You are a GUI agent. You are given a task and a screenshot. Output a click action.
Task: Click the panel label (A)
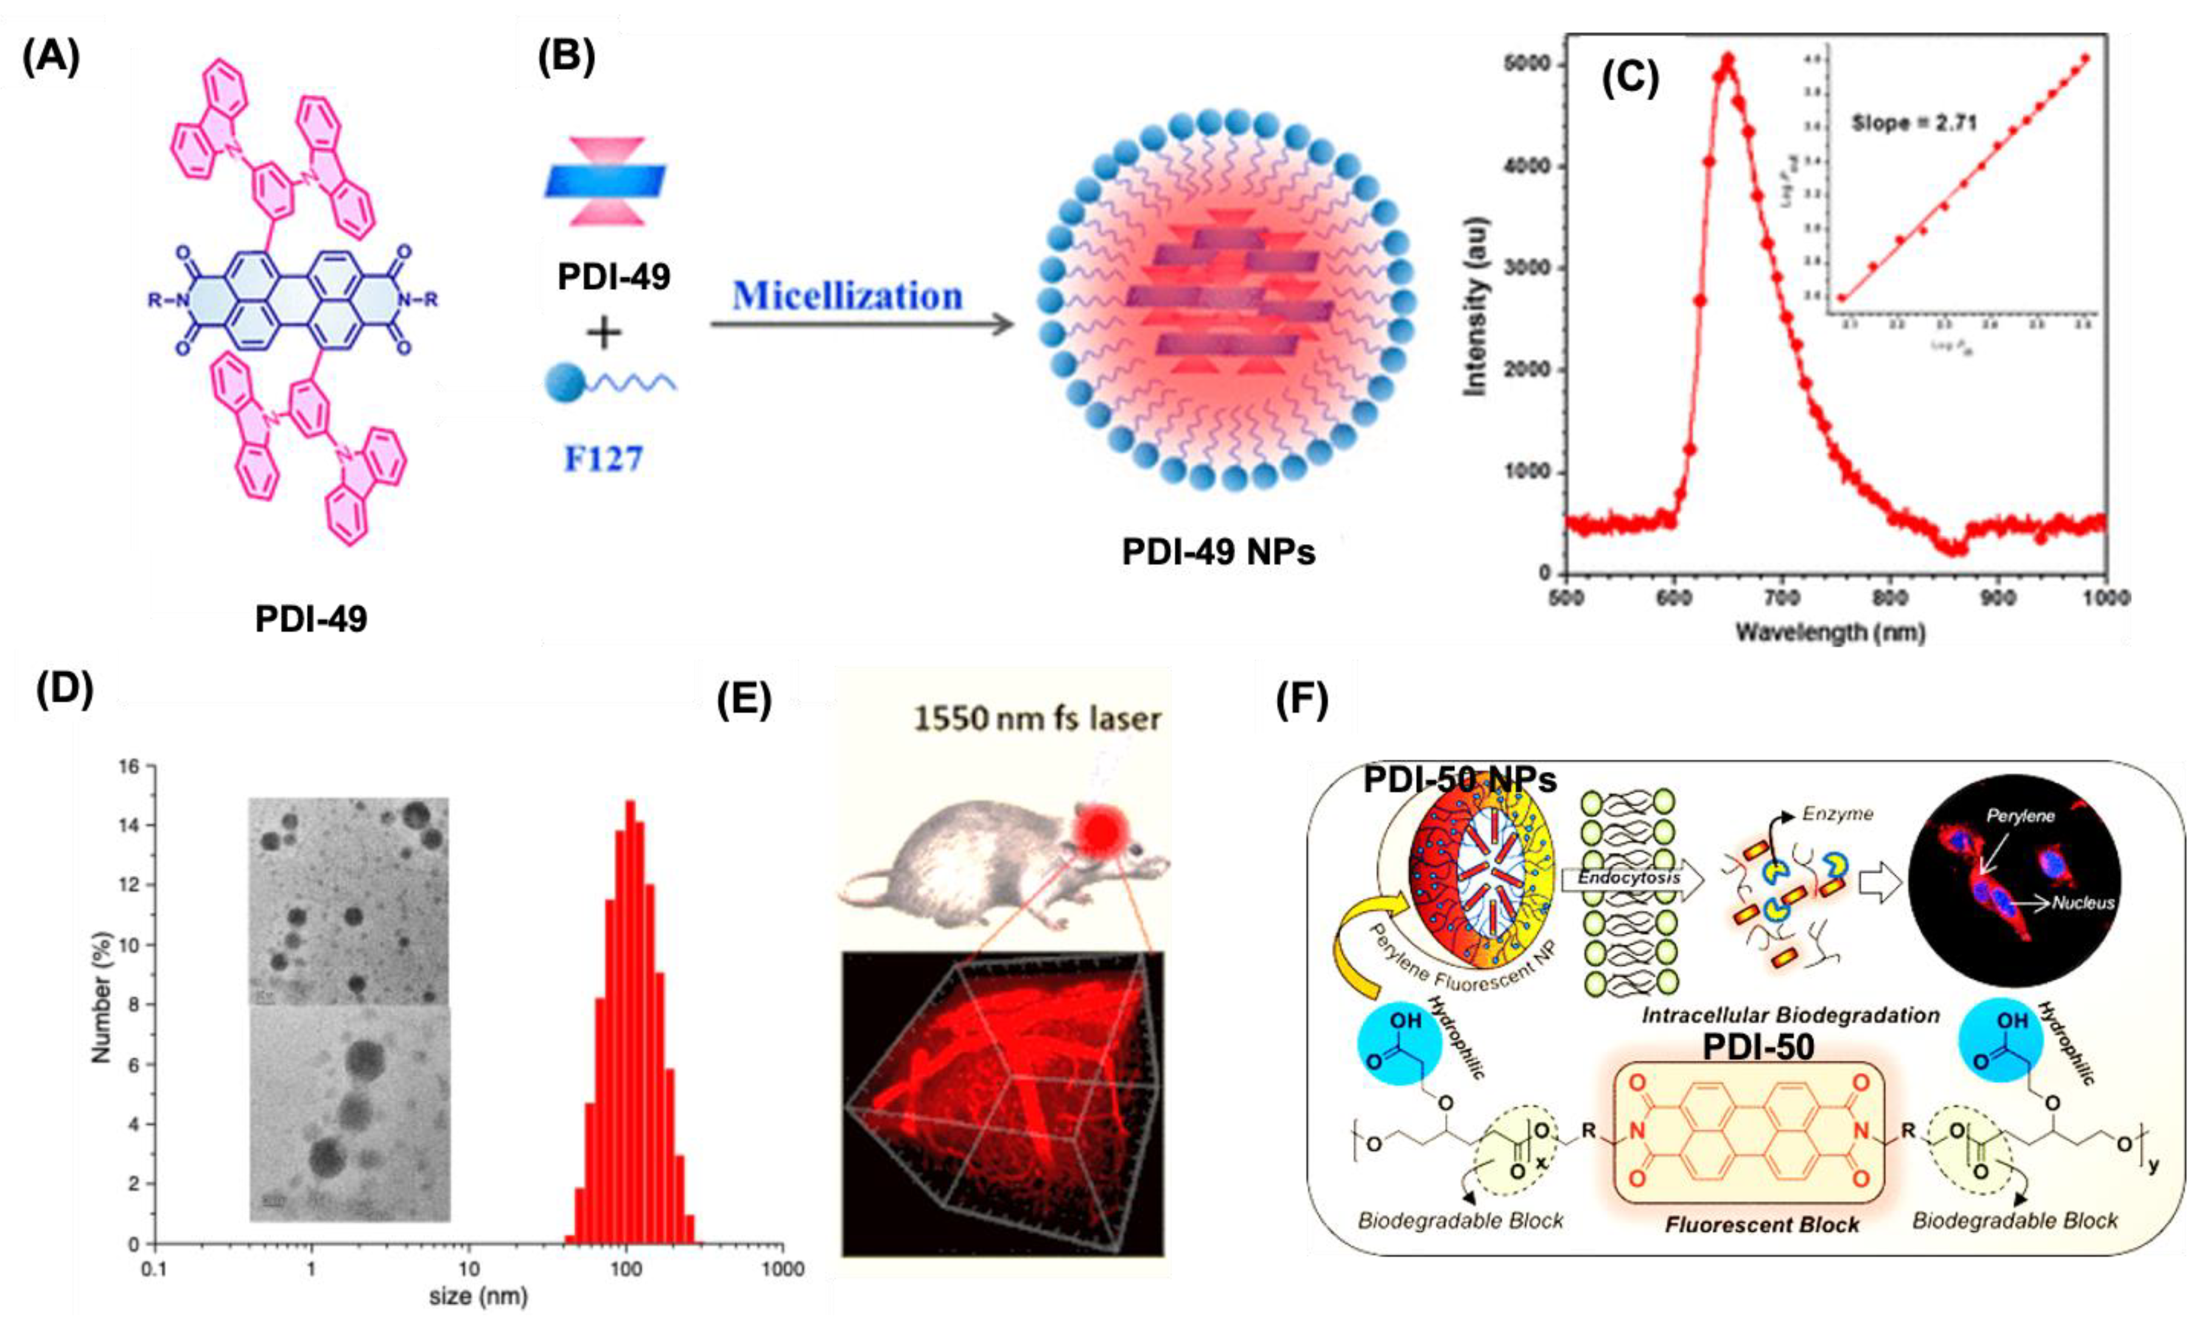pyautogui.click(x=51, y=57)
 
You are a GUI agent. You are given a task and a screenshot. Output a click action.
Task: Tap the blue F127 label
pyautogui.click(x=603, y=459)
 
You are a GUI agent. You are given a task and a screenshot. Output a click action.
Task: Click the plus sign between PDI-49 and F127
pyautogui.click(x=604, y=334)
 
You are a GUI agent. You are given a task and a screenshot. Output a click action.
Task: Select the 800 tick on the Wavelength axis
pyautogui.click(x=1890, y=598)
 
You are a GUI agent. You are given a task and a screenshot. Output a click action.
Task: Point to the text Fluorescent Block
pyautogui.click(x=1761, y=1224)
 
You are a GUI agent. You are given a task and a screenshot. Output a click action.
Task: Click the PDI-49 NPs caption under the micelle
pyautogui.click(x=1218, y=552)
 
